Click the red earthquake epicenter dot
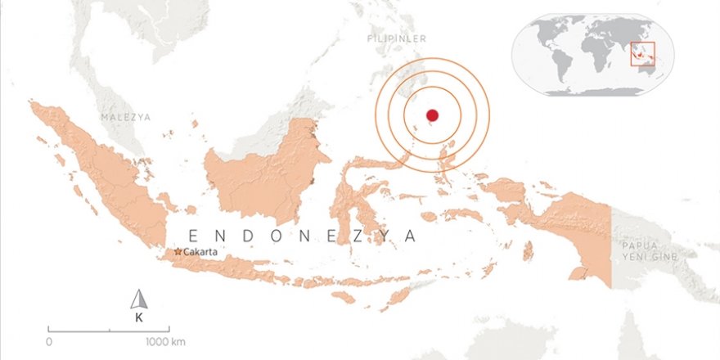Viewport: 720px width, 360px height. [x=433, y=115]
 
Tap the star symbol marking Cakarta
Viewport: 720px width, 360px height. [x=178, y=252]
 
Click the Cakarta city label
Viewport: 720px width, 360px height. [x=201, y=252]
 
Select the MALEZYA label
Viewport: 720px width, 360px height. [x=126, y=117]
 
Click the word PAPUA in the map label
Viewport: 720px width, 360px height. [x=640, y=245]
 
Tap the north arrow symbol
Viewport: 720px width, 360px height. [x=138, y=299]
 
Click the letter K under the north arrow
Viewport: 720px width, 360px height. [x=138, y=318]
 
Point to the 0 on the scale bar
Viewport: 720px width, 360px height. [x=49, y=341]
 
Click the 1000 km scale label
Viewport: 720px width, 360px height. [x=166, y=341]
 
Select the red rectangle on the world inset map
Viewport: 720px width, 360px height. [x=642, y=52]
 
